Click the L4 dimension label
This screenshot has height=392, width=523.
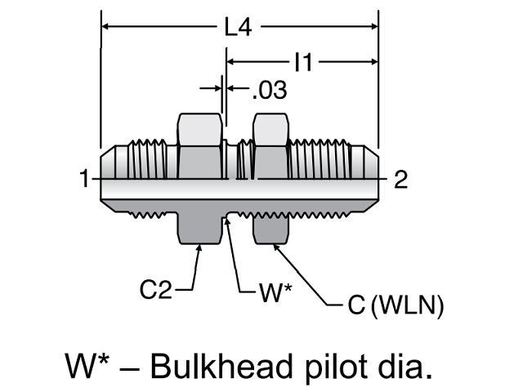(x=238, y=28)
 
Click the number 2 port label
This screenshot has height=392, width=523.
(x=400, y=179)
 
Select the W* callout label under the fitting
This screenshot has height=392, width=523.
(x=275, y=292)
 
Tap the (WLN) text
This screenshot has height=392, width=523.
(x=407, y=307)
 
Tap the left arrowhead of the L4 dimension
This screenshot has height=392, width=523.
(x=105, y=28)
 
